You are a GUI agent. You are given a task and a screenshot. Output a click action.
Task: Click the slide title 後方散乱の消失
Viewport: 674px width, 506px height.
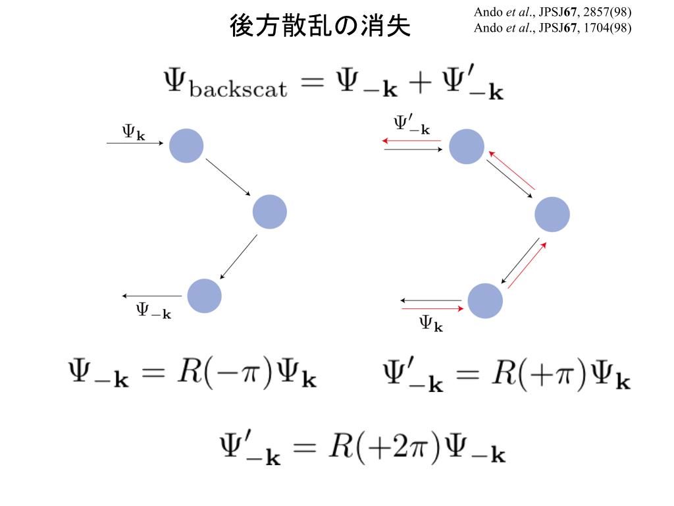click(321, 26)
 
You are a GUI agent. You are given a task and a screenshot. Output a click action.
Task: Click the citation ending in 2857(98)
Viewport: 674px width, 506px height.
click(552, 13)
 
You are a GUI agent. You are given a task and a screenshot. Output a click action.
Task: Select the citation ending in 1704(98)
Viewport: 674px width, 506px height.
click(552, 28)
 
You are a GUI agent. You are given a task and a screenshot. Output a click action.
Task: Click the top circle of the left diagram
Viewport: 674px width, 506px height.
click(186, 146)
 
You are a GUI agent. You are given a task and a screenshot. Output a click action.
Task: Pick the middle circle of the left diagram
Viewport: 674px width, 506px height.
click(270, 211)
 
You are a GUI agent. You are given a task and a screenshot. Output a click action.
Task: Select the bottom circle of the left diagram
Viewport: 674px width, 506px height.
click(204, 296)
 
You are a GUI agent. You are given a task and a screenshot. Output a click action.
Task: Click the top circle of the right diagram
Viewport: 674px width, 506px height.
click(467, 146)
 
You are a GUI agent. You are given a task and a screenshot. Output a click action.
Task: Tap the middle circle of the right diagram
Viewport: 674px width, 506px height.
click(552, 215)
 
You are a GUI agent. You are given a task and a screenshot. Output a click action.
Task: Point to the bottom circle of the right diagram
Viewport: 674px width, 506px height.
click(485, 300)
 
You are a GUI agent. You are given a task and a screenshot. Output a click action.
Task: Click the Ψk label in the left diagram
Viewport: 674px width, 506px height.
click(133, 132)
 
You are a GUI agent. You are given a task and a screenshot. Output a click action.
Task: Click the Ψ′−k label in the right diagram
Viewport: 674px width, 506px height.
click(412, 125)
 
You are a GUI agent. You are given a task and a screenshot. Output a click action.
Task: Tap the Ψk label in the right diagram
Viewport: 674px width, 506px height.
click(431, 323)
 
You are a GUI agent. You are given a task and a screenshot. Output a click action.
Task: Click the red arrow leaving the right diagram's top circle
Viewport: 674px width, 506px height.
click(411, 140)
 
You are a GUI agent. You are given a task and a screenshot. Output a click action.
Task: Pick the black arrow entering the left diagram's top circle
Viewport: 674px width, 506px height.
click(134, 142)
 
